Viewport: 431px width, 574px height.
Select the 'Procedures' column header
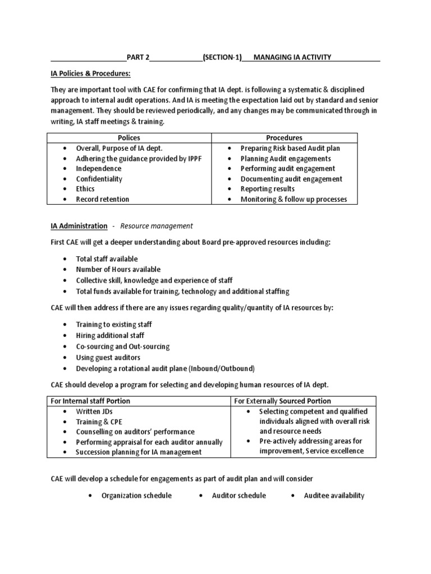coord(283,138)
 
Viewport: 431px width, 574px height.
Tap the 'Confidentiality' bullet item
coord(99,179)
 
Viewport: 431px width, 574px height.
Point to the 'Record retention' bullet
coord(102,199)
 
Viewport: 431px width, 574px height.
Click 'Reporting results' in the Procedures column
coord(267,189)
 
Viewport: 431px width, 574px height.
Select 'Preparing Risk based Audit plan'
coord(290,149)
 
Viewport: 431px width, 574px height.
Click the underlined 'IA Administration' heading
coord(79,226)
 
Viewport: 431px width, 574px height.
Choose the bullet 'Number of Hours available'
coord(118,270)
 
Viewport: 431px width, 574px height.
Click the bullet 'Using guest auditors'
coord(108,358)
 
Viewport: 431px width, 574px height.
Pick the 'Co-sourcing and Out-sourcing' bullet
coord(122,347)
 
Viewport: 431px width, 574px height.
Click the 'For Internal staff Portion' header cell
coord(90,401)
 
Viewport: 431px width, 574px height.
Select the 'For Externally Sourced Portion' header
coord(282,401)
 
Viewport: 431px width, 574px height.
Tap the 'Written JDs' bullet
coord(94,411)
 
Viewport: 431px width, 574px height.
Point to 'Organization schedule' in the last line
coord(136,496)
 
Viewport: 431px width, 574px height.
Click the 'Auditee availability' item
coord(334,496)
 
